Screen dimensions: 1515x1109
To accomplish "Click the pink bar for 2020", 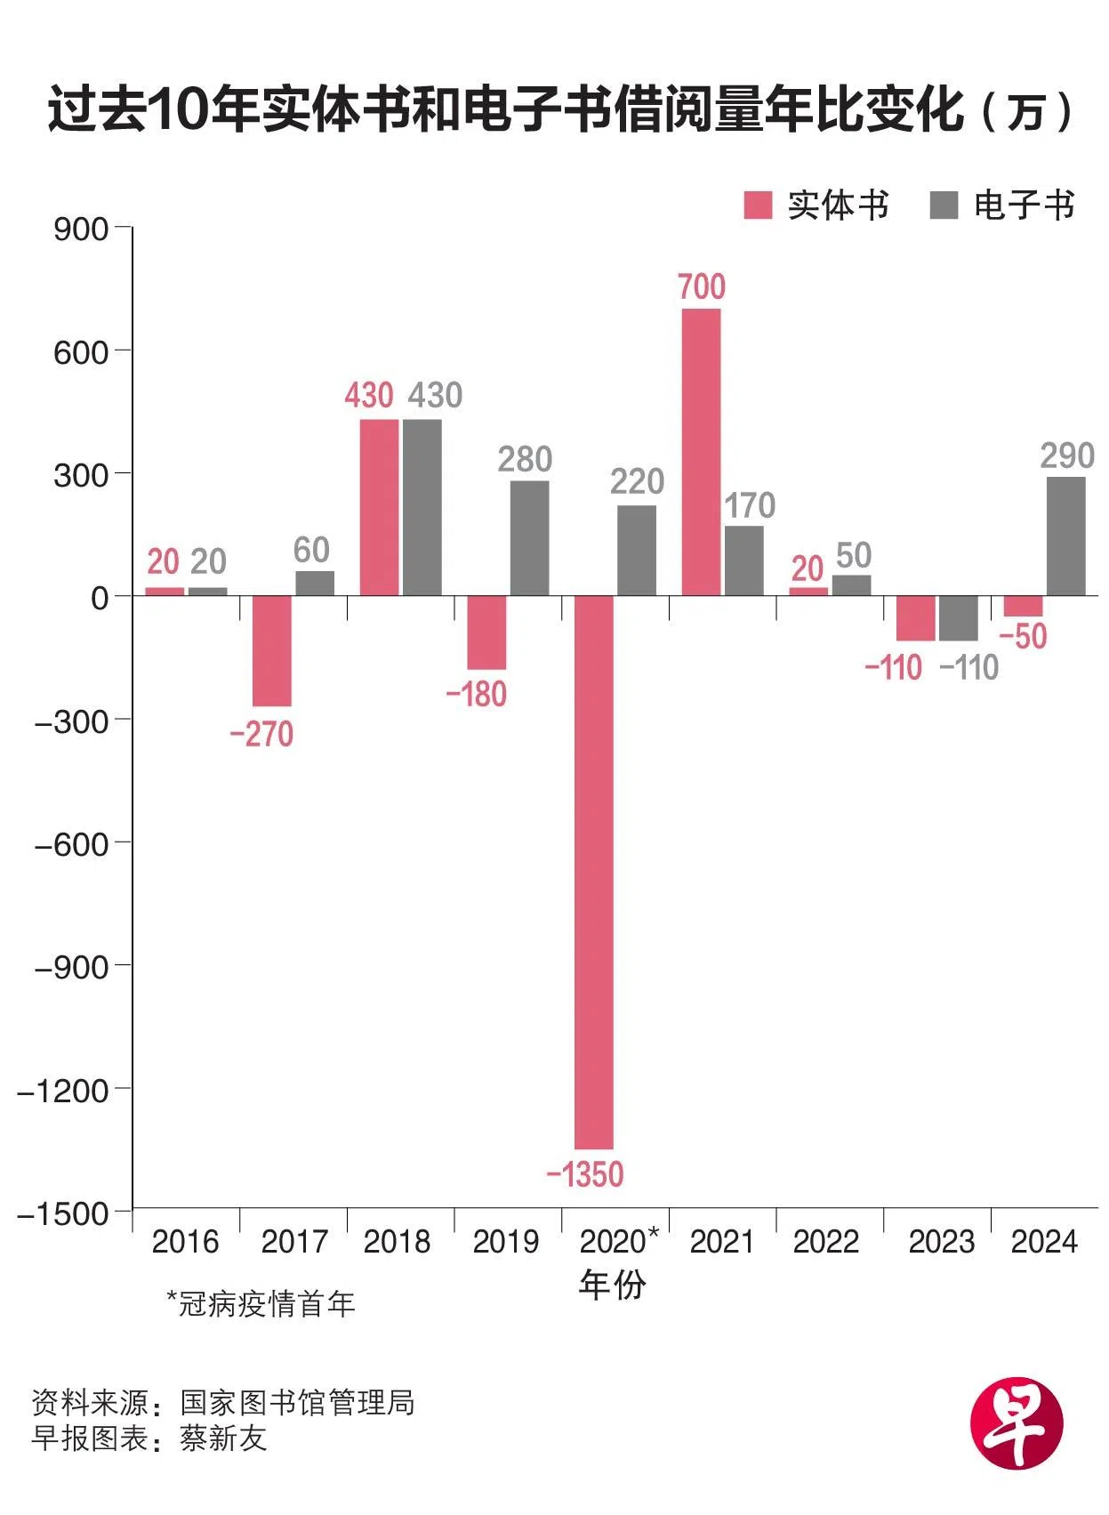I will pos(593,872).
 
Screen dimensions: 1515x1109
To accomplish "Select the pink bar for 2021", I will pos(701,452).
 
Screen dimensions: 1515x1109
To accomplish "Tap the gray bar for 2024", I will pos(1065,536).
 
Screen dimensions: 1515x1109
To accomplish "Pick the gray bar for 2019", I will pos(529,537).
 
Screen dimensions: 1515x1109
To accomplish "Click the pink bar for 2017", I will pos(271,650).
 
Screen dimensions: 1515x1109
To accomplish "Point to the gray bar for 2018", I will pos(422,507).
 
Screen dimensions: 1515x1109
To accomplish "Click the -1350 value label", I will pos(585,1175).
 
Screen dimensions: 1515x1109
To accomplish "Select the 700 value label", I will pos(702,287).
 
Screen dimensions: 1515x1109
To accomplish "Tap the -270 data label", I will pos(261,734).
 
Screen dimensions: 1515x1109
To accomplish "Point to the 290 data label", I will pos(1067,456).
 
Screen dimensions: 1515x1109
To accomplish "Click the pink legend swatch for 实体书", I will pos(757,205).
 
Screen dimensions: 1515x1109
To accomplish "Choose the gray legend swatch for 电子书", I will pos(944,205).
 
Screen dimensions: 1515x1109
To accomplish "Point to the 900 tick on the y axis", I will pos(81,230).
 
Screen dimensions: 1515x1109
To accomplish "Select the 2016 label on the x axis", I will pos(185,1242).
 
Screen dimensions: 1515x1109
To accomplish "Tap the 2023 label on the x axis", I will pos(941,1242).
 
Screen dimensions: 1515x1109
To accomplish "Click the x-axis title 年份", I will pos(612,1285).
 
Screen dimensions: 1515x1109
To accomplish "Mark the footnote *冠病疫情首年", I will pos(261,1304).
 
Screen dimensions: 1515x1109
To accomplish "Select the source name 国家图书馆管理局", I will pos(297,1403).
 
